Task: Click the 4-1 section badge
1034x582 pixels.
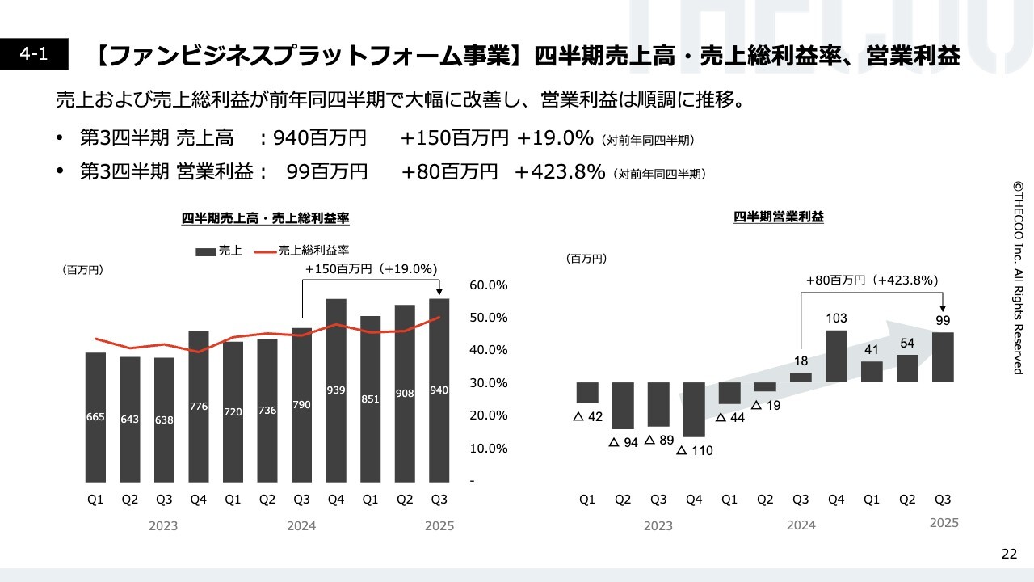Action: [x=35, y=54]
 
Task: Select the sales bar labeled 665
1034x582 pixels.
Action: [x=95, y=416]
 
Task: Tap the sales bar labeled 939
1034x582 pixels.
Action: [x=336, y=390]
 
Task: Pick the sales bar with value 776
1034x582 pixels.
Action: [x=199, y=406]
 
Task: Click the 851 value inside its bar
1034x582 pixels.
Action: [x=370, y=399]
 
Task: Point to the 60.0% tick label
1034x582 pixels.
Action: [x=488, y=285]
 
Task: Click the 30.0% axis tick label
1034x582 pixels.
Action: [x=488, y=383]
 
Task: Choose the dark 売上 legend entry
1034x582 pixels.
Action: [x=219, y=251]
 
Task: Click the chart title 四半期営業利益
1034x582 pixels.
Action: [x=779, y=217]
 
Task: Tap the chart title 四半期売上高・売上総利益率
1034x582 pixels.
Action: [x=265, y=218]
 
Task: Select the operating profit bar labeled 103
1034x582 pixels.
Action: [x=836, y=356]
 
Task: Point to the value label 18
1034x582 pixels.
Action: [x=801, y=361]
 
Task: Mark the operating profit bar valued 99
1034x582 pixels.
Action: [x=943, y=356]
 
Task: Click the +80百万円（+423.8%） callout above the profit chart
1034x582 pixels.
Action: [x=872, y=280]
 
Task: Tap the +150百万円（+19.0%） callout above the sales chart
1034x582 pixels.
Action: [x=372, y=269]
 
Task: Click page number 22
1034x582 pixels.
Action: [x=1009, y=554]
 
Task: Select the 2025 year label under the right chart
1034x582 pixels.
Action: [x=944, y=523]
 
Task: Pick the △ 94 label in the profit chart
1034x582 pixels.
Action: [x=623, y=442]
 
